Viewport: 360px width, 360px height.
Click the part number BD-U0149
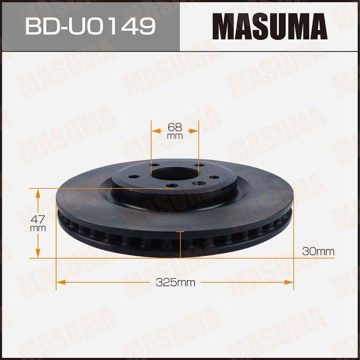(x=90, y=25)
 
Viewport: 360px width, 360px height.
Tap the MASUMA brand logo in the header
(x=269, y=26)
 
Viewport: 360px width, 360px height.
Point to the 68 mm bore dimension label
(x=175, y=130)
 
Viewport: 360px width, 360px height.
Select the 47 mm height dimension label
(x=38, y=223)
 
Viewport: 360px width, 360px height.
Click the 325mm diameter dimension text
(x=175, y=282)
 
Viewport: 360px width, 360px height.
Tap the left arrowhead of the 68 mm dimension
(x=155, y=130)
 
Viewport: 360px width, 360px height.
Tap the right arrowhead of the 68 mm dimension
(x=195, y=130)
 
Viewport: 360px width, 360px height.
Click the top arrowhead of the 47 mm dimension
(x=38, y=193)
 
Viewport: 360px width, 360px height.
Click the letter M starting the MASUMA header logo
(x=223, y=26)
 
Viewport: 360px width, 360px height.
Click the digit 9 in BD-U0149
(x=147, y=25)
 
